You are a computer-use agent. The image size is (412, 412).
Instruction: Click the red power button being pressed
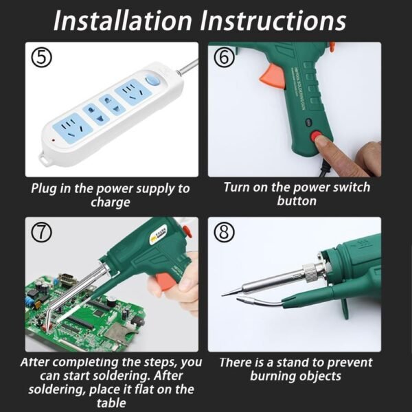[x=319, y=138]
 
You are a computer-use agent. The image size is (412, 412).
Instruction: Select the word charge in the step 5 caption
[x=111, y=203]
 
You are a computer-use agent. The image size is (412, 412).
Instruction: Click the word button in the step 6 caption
[x=297, y=201]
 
